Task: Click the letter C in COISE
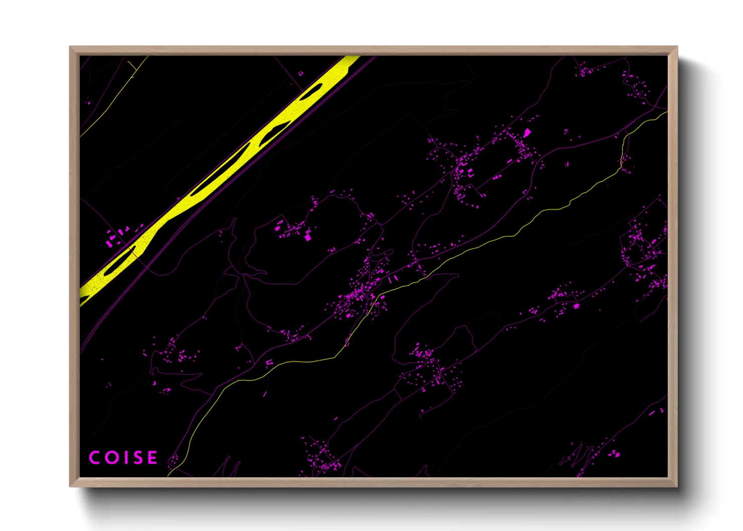[x=94, y=458]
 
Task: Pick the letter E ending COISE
[x=151, y=458]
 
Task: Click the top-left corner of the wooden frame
[x=70, y=47]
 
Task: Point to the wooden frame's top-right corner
[x=677, y=47]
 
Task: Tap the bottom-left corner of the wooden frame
[x=70, y=486]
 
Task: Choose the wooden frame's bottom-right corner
[x=677, y=486]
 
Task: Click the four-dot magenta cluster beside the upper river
[x=301, y=73]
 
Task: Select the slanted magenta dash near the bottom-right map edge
[x=652, y=414]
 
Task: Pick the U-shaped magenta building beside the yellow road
[x=270, y=362]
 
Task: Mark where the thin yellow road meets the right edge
[x=666, y=112]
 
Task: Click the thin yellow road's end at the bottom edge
[x=169, y=474]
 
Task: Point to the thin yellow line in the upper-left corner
[x=108, y=108]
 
